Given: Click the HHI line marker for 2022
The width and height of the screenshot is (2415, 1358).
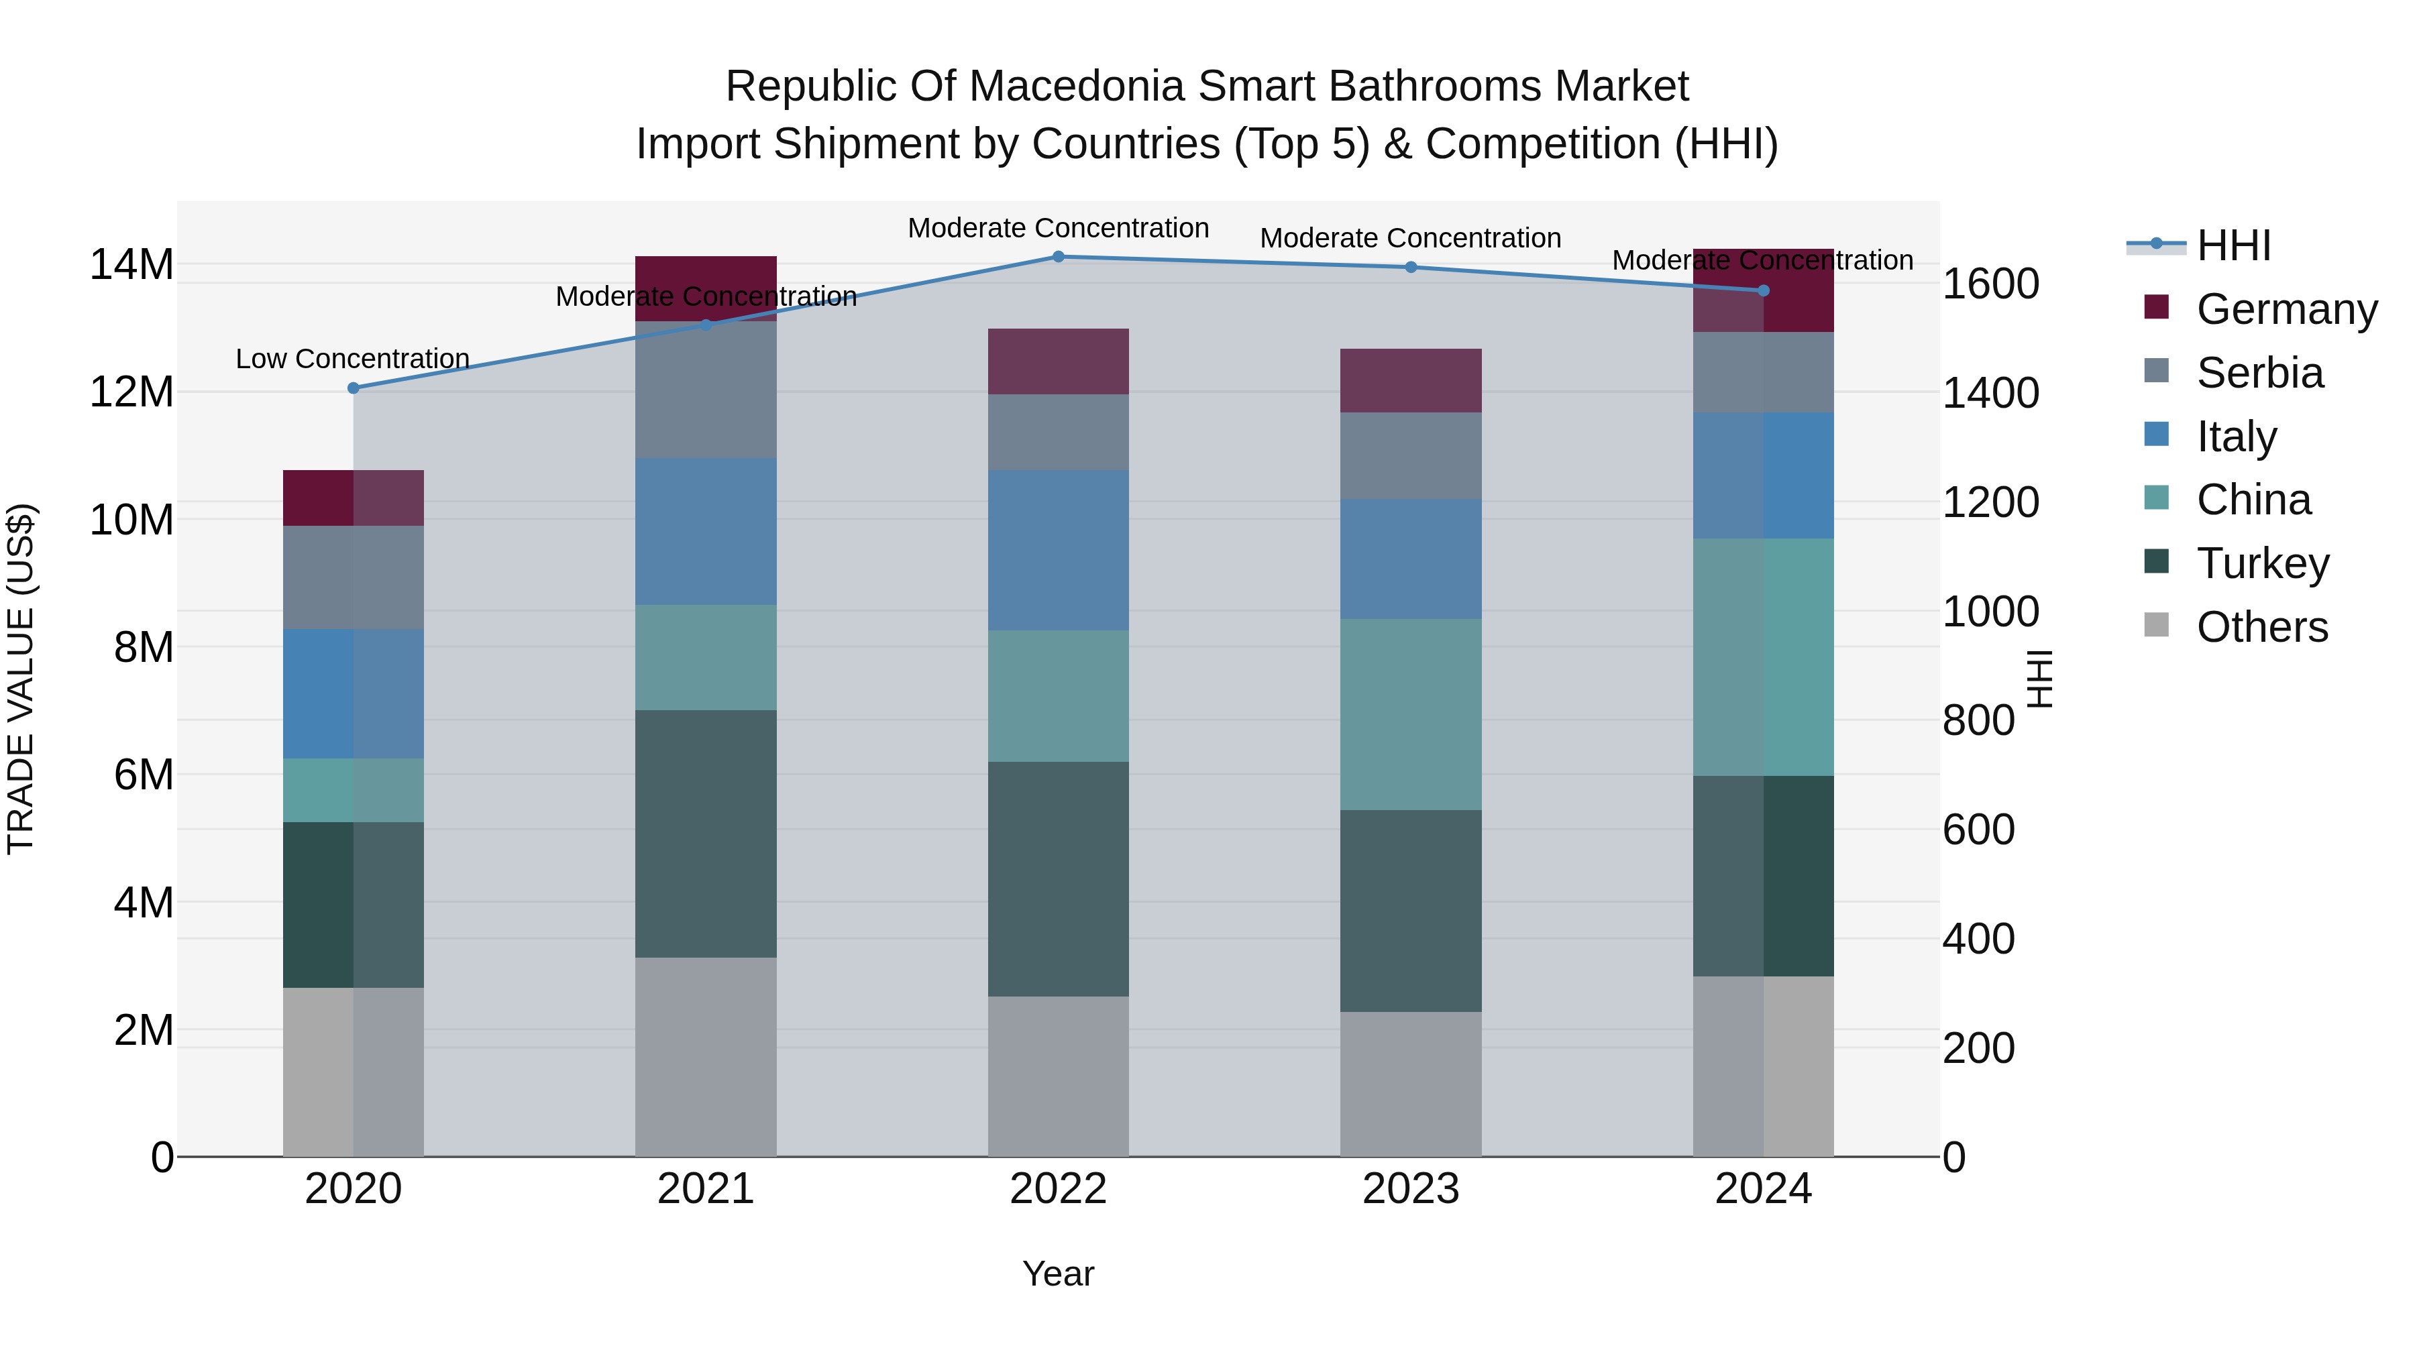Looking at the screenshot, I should coord(1059,257).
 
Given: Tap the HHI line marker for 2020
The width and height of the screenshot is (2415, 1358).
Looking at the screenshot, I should coord(354,388).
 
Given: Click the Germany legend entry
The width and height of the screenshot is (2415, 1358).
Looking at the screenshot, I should coord(2286,309).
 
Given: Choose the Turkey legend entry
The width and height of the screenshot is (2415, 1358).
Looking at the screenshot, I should coord(2262,563).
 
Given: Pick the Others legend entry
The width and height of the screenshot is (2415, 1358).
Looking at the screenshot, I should coord(2261,627).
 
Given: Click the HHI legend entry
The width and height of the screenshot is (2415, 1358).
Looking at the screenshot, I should coord(2233,245).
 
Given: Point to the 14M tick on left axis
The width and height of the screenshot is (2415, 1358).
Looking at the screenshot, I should coord(131,264).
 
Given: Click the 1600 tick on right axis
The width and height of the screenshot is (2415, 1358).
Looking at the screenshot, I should coord(1990,284).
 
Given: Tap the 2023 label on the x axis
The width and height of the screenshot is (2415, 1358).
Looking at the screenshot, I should coord(1410,1189).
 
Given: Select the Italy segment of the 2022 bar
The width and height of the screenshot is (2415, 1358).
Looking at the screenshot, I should coord(1059,550).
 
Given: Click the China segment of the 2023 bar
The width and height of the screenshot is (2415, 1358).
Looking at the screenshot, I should coord(1410,714).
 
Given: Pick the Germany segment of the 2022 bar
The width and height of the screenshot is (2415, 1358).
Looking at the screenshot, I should coord(1059,361).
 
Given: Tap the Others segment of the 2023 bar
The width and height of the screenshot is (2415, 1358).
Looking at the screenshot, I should coord(1410,1084).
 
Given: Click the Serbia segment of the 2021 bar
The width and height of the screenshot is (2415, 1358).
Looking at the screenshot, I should coord(706,390).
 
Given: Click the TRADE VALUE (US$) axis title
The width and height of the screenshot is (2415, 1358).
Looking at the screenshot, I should coord(21,679).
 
